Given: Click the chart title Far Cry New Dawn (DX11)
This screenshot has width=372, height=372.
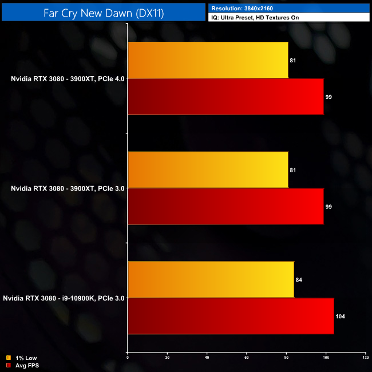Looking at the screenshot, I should (104, 13).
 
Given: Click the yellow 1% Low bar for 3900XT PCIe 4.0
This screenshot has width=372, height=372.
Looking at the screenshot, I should (208, 60).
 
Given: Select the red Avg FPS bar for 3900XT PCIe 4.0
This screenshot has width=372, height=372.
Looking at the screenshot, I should (225, 97).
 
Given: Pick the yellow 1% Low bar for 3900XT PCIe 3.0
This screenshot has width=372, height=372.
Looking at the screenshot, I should (208, 170).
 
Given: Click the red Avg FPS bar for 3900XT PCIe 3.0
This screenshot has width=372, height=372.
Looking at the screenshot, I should (225, 207).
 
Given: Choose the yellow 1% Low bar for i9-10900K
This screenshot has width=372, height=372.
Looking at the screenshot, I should (211, 280).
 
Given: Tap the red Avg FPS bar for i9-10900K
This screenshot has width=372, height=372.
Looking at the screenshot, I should (231, 316).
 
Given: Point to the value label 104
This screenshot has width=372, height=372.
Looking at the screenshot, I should (341, 316).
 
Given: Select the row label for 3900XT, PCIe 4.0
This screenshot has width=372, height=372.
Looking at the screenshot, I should (68, 78).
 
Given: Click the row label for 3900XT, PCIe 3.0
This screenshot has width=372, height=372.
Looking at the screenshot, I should (68, 188).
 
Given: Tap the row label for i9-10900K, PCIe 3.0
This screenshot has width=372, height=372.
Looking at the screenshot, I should (64, 298).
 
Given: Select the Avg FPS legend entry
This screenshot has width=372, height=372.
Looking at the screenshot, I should (23, 365).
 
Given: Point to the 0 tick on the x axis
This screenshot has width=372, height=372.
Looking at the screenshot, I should (128, 358).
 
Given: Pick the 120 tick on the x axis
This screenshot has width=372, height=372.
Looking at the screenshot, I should (365, 358).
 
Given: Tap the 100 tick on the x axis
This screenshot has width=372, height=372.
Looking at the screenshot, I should (326, 358).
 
